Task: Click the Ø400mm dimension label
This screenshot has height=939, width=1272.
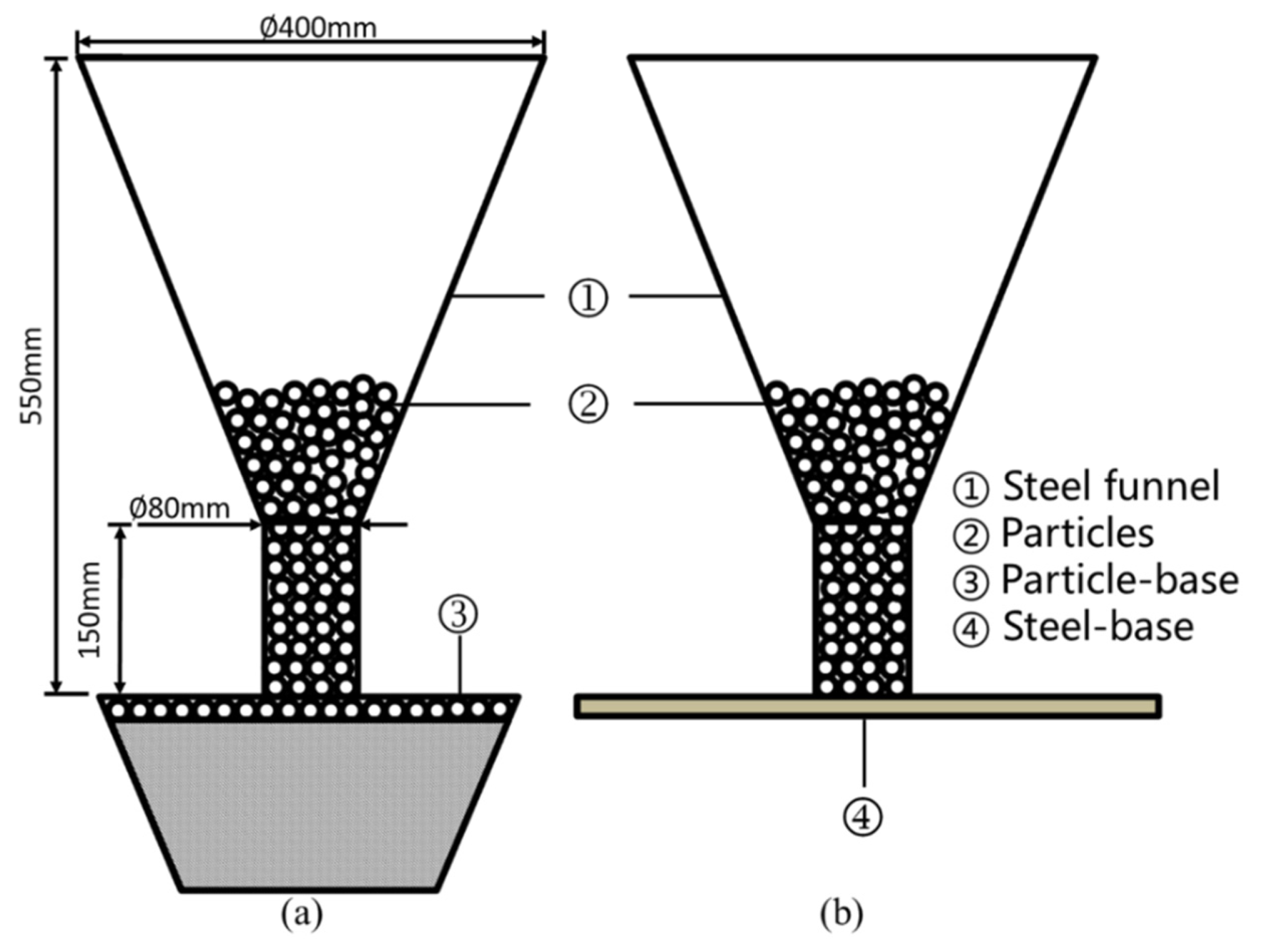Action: (x=318, y=28)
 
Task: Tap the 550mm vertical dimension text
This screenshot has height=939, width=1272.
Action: (x=31, y=375)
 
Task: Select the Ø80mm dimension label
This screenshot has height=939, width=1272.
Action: (x=180, y=508)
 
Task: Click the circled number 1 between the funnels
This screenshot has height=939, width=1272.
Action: (x=587, y=298)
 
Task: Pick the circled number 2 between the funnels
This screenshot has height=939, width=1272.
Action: (x=587, y=404)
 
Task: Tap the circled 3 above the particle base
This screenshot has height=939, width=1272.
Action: (x=458, y=614)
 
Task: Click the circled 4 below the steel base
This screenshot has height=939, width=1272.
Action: (x=863, y=816)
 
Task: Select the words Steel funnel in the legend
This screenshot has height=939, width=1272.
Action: (x=1111, y=486)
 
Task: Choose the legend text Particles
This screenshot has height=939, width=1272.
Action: (x=1077, y=533)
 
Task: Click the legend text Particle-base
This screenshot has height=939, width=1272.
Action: (x=1120, y=580)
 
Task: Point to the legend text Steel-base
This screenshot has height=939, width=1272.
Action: (x=1098, y=627)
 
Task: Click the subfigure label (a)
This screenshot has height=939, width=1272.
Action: (x=302, y=914)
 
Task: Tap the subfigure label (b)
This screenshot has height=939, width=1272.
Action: (x=841, y=914)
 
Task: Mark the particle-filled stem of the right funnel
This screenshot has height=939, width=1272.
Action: (x=862, y=608)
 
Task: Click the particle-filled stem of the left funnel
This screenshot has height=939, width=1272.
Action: (x=311, y=608)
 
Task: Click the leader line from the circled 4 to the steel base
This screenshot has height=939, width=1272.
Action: (x=865, y=752)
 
